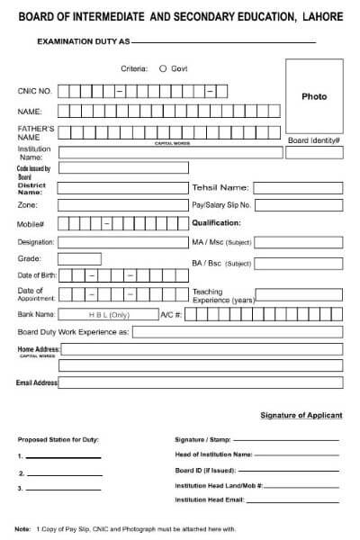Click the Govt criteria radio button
[162, 68]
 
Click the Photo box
[314, 96]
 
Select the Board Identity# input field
[314, 153]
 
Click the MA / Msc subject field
[300, 242]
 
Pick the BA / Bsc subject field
[300, 263]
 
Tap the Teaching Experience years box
[300, 294]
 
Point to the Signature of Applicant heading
[301, 415]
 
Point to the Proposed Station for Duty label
[58, 439]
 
